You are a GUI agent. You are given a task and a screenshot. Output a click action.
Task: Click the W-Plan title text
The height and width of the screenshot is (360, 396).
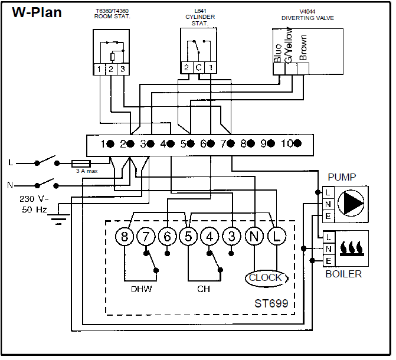pyautogui.click(x=37, y=12)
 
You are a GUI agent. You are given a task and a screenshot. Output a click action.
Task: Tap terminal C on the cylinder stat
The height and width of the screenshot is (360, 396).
pyautogui.click(x=198, y=67)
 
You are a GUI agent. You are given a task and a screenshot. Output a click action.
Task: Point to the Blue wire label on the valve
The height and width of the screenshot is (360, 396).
pyautogui.click(x=278, y=54)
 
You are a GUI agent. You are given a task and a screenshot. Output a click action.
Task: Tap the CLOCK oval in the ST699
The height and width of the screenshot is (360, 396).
pyautogui.click(x=265, y=278)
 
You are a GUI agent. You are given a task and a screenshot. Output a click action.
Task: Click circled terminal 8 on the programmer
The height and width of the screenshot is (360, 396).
pyautogui.click(x=125, y=237)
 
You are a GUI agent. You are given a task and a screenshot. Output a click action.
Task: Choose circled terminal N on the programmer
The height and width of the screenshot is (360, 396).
pyautogui.click(x=254, y=237)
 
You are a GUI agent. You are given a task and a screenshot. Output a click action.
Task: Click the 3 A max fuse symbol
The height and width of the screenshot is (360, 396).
pyautogui.click(x=80, y=163)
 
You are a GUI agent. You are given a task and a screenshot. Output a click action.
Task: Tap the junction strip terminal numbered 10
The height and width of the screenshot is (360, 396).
pyautogui.click(x=291, y=143)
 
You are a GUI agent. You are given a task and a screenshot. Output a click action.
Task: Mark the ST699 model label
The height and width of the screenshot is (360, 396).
pyautogui.click(x=271, y=305)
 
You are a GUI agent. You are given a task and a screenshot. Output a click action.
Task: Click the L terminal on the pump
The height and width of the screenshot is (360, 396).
pyautogui.click(x=328, y=192)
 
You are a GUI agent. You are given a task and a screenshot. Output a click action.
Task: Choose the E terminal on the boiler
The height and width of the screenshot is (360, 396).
pyautogui.click(x=328, y=260)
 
